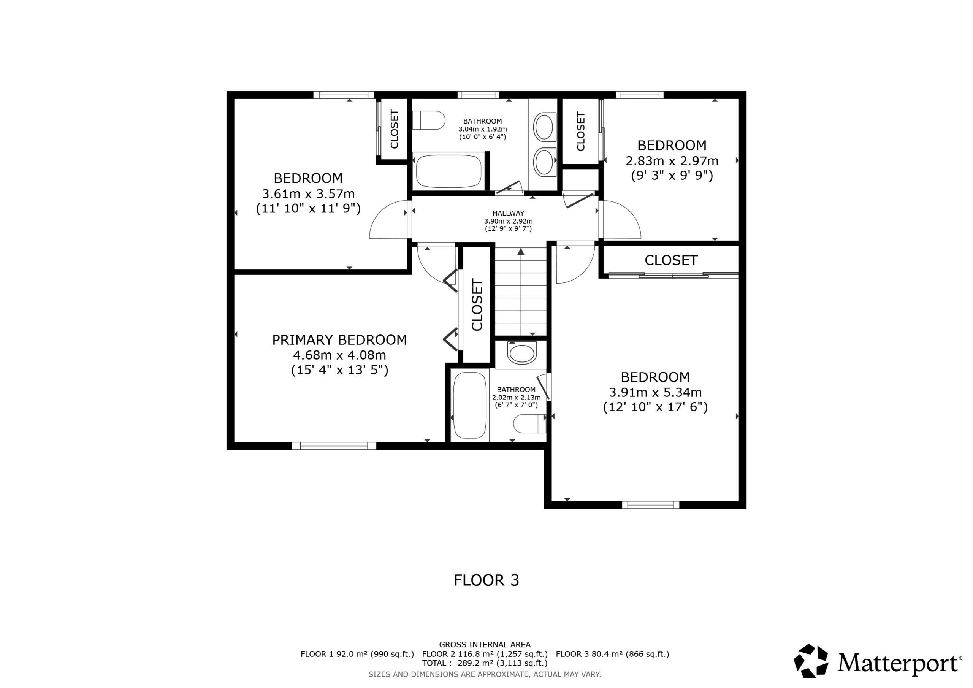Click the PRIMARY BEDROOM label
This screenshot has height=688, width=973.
click(339, 339)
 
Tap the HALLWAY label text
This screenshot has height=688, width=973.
click(508, 213)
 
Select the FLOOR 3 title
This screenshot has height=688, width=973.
click(486, 580)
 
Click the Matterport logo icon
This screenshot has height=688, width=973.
click(811, 661)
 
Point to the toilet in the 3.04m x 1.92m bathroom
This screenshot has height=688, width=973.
click(428, 120)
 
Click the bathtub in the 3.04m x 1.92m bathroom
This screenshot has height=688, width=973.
click(448, 171)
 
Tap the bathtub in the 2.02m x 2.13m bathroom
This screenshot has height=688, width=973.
click(469, 405)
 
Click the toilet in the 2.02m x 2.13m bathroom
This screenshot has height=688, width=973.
click(530, 423)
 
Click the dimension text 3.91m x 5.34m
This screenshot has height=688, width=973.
click(655, 392)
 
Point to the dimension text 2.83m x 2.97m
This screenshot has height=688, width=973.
click(672, 161)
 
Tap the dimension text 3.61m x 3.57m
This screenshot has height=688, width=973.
click(308, 194)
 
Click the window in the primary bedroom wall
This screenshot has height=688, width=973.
click(334, 445)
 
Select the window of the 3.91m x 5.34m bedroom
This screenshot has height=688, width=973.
click(650, 505)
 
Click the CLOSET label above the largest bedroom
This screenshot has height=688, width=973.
click(671, 260)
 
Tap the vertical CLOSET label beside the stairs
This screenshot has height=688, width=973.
click(477, 305)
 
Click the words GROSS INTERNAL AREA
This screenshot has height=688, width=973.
click(485, 645)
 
